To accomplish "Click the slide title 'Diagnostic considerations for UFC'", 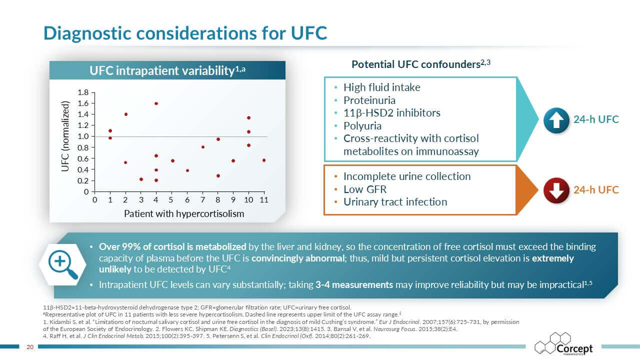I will [185, 32].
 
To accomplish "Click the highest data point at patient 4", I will [156, 103].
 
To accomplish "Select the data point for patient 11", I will [264, 160].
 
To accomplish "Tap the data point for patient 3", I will [141, 179].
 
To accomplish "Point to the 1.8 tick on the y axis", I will [83, 92].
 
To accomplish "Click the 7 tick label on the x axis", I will [202, 200].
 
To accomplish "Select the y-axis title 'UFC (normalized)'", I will [65, 136].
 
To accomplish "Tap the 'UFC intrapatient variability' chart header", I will [167, 71].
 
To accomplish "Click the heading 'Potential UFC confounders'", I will [417, 64].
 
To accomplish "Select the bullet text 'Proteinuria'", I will [368, 100].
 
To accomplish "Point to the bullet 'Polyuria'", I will [362, 125].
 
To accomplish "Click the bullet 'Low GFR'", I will [364, 189].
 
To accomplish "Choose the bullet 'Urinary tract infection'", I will [395, 202].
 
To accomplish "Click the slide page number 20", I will [29, 347].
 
